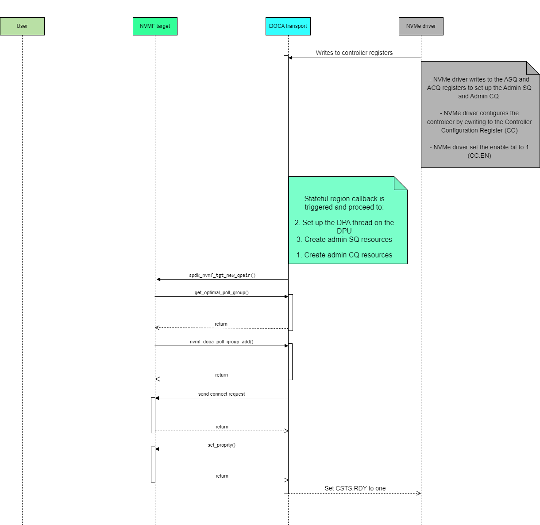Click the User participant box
(22, 26)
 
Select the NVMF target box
(155, 26)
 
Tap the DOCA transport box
(288, 26)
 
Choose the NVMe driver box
(421, 26)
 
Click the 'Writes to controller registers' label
(354, 53)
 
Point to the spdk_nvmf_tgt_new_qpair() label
(222, 275)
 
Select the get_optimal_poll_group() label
(221, 292)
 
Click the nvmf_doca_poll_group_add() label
(221, 342)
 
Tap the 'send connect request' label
(221, 394)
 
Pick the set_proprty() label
(221, 445)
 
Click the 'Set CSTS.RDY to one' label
(355, 488)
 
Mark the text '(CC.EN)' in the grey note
(479, 156)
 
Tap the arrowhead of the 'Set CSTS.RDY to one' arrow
(419, 493)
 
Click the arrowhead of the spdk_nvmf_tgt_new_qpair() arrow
(158, 279)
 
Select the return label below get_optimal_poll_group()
(221, 324)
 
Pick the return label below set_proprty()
(222, 476)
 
